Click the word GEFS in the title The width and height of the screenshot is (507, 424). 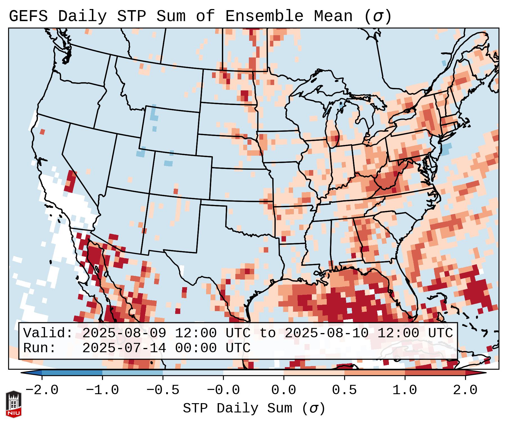[28, 16]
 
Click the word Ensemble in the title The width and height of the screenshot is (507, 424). [264, 16]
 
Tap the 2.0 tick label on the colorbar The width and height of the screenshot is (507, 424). [465, 390]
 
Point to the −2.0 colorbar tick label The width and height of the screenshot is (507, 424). [42, 390]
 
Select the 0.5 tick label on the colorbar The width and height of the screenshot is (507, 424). [344, 390]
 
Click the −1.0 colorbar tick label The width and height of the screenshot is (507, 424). [102, 390]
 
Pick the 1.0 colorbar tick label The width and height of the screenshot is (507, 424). [405, 390]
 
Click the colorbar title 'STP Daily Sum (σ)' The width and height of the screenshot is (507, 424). [254, 409]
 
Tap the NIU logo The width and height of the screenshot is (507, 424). [13, 404]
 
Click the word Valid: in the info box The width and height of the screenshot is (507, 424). [48, 333]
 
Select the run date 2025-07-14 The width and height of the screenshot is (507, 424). [124, 348]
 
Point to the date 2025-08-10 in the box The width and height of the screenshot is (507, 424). [326, 333]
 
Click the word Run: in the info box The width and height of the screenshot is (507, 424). [39, 348]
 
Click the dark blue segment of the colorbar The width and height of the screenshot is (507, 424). [72, 373]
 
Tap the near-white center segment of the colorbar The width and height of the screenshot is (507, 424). [253, 373]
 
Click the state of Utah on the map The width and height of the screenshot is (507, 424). [129, 163]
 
